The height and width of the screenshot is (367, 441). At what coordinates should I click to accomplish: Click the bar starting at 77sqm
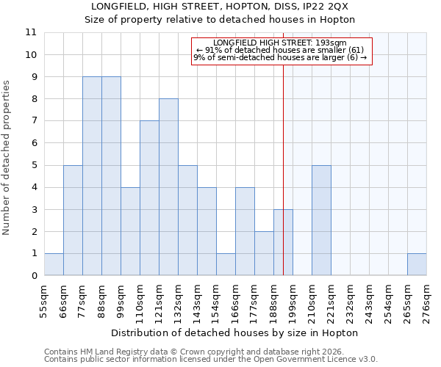coord(92,176)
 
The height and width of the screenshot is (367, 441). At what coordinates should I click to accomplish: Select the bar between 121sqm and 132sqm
coord(168,187)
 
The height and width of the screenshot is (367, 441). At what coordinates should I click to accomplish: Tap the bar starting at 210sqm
coord(321,220)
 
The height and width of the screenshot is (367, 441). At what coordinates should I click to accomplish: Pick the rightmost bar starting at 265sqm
coord(417,264)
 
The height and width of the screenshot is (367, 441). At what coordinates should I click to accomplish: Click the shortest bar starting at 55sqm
coord(54,264)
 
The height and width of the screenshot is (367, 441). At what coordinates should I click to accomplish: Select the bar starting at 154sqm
coord(226,264)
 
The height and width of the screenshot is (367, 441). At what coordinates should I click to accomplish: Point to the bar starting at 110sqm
coord(149,198)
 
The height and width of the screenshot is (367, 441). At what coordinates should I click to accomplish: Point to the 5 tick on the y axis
coord(34,165)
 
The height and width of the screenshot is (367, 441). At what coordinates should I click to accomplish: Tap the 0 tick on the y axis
coord(34,276)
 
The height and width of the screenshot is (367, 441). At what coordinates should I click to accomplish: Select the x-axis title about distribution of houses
coord(235,333)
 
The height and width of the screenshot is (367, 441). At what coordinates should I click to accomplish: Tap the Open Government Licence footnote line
coord(211,360)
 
